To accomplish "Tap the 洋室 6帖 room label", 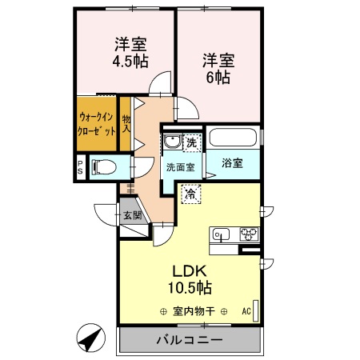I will click(x=217, y=68).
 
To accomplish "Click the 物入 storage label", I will click(x=126, y=124).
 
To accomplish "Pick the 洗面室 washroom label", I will click(x=180, y=168).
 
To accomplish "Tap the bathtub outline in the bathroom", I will click(x=234, y=138).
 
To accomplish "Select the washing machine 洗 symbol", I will click(x=191, y=142).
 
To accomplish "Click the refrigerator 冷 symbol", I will click(x=191, y=192).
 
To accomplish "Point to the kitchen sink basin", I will click(x=222, y=234).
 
